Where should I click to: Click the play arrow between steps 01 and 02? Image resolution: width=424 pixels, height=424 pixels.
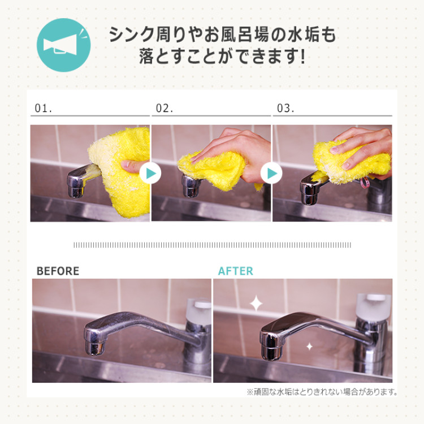(150, 174)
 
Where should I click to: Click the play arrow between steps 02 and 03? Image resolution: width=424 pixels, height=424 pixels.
(271, 174)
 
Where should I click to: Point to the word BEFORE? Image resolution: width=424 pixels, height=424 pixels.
(58, 271)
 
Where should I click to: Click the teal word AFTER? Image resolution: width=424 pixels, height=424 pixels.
(236, 271)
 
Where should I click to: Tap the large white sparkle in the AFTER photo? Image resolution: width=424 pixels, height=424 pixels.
(256, 304)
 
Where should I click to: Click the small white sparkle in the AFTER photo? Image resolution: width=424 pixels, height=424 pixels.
(309, 346)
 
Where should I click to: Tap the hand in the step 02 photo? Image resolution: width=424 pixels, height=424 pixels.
(232, 147)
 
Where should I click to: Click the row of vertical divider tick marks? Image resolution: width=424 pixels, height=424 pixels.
(212, 245)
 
